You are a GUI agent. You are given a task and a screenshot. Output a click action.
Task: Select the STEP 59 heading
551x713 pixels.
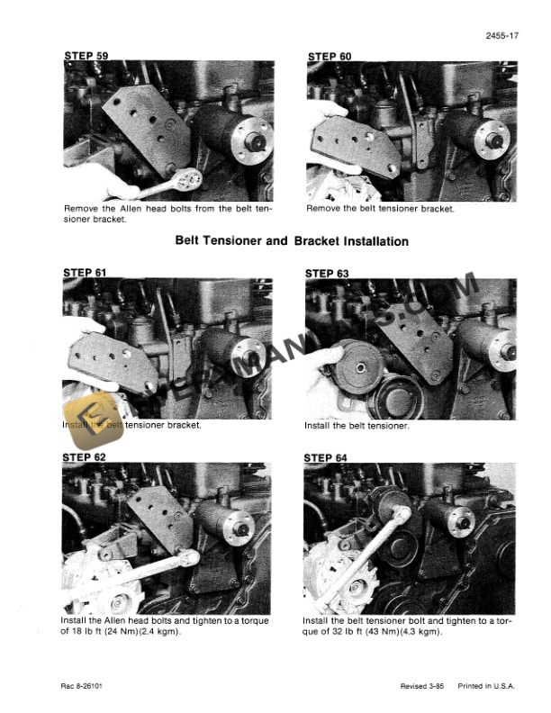pyautogui.click(x=86, y=56)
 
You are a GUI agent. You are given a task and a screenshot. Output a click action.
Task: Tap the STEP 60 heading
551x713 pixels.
pyautogui.click(x=330, y=56)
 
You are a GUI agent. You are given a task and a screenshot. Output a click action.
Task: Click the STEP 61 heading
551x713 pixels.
pyautogui.click(x=85, y=271)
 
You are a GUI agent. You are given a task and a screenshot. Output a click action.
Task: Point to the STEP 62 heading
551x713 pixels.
pyautogui.click(x=85, y=457)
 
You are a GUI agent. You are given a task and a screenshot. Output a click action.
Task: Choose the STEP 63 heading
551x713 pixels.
pyautogui.click(x=329, y=273)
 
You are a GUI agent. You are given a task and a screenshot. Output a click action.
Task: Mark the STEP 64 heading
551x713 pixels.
pyautogui.click(x=328, y=458)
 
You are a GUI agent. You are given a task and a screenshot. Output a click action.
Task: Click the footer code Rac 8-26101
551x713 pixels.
pyautogui.click(x=88, y=686)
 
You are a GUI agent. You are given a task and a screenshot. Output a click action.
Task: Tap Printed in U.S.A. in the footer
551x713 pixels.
pyautogui.click(x=488, y=686)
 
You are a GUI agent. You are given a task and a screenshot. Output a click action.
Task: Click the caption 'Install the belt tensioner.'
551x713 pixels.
pyautogui.click(x=357, y=426)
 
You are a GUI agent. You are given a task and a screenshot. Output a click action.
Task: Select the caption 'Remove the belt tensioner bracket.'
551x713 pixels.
pyautogui.click(x=380, y=209)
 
